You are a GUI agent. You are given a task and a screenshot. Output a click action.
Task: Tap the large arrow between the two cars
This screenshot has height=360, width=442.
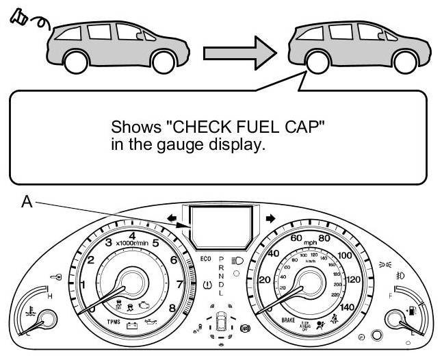[239, 53]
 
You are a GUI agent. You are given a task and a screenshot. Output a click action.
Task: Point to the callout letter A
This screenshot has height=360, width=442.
[26, 203]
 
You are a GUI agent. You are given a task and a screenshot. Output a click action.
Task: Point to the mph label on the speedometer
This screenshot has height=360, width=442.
[310, 242]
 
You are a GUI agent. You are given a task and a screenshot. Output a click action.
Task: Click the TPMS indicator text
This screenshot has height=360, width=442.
[114, 321]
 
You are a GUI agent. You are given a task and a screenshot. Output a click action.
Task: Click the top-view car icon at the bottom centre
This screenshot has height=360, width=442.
[220, 323]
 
